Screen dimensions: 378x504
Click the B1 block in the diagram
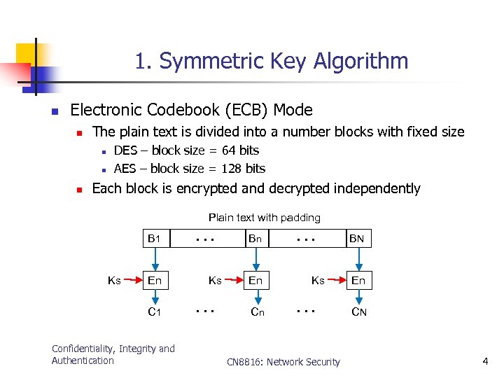click(x=154, y=239)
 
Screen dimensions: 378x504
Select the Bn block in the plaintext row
click(x=255, y=239)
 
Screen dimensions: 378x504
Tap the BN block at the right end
click(x=358, y=239)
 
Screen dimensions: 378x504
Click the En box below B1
click(x=154, y=281)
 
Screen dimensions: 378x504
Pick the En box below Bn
click(x=255, y=281)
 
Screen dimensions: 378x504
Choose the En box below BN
click(x=358, y=281)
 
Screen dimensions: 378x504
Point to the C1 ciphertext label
click(x=154, y=311)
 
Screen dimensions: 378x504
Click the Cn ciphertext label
click(x=257, y=311)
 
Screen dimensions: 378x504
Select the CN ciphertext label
click(x=358, y=311)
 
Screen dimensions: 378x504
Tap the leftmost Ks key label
click(x=114, y=281)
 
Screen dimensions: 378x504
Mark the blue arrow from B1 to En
click(x=154, y=259)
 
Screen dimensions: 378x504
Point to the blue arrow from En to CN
click(x=358, y=297)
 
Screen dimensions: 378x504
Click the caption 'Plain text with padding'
click(x=264, y=218)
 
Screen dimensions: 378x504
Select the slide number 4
click(x=484, y=361)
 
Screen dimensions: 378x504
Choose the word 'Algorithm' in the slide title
click(x=360, y=61)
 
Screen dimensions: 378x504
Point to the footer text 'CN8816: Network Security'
click(x=283, y=362)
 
